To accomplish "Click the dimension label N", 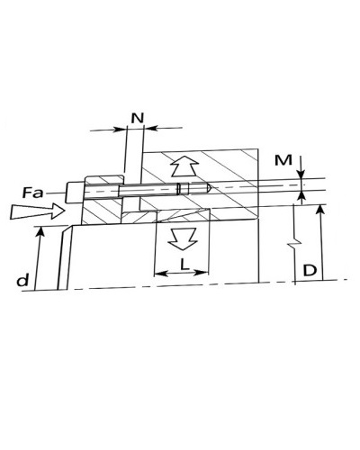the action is [x=138, y=118].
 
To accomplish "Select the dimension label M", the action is [x=283, y=160].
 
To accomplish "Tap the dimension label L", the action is [x=184, y=265].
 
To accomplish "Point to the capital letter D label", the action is [x=310, y=271].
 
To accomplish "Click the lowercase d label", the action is [x=23, y=281].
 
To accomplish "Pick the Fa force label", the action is [x=32, y=193].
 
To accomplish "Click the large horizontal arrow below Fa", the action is [x=38, y=211].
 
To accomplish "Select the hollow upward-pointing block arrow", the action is [x=184, y=166].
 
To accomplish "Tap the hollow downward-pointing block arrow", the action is [x=183, y=238].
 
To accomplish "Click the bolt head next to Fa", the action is [x=74, y=193].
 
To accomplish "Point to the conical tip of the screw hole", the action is [x=209, y=188].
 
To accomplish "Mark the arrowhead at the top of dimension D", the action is [x=320, y=210].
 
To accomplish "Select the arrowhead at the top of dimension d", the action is [x=40, y=231].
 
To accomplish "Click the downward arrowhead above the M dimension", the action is [x=301, y=175].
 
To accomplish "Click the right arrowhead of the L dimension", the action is [x=202, y=273].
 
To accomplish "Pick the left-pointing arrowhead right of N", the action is [x=151, y=128].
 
